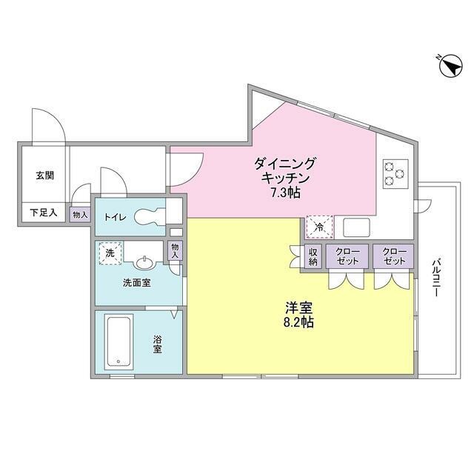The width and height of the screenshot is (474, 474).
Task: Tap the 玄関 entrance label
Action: click(44, 176)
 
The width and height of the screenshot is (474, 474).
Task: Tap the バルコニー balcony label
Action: click(437, 278)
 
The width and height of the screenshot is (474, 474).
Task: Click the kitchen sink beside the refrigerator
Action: click(355, 227)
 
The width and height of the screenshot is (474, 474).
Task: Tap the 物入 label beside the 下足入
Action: click(80, 215)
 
